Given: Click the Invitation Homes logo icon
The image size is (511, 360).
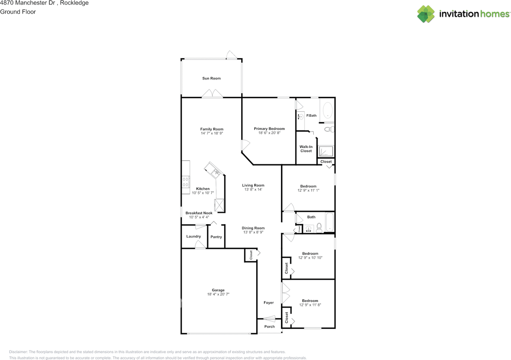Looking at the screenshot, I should tap(426, 14).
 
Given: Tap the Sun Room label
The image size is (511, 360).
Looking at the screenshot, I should tap(211, 78).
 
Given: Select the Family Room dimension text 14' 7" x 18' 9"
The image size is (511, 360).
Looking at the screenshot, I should tap(212, 133).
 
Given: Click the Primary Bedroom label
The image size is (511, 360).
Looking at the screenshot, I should tap(269, 129).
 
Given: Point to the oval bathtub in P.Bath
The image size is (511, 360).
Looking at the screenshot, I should tap(327, 110).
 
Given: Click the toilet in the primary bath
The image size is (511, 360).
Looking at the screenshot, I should tap(329, 129).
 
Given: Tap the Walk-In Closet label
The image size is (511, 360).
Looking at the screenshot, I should tap(306, 149).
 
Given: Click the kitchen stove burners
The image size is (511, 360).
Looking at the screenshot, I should tap(186, 182).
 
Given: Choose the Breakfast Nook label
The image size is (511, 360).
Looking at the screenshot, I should tap(199, 213).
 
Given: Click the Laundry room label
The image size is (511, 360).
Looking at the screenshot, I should tap(193, 237).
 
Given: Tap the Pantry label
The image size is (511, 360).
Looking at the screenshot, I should tap(216, 237).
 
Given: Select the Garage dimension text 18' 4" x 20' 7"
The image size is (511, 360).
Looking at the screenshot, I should tap(218, 294).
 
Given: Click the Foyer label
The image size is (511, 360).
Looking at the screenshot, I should tap(269, 302).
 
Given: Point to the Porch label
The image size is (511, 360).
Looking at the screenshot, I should tap(269, 326).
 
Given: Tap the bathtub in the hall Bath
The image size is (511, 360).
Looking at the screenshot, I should tap(329, 222).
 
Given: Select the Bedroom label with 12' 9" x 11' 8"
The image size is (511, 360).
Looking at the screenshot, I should tap(310, 300).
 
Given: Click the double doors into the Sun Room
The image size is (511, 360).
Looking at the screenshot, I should tap(212, 94).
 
